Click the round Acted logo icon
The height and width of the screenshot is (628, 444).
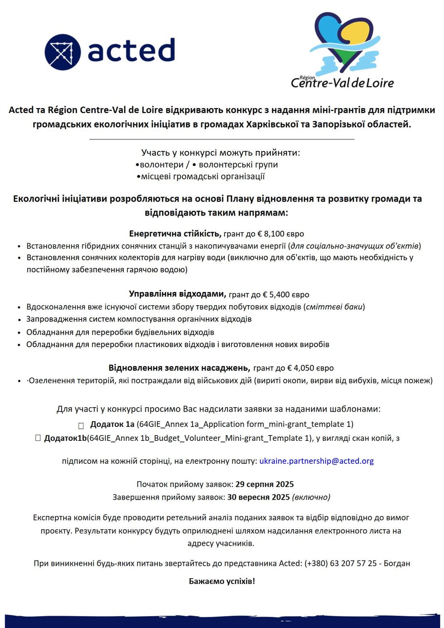click(62, 52)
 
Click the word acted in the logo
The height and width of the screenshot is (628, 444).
click(131, 51)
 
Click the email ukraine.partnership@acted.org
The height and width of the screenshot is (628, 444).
click(316, 461)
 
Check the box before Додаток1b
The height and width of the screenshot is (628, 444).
click(38, 438)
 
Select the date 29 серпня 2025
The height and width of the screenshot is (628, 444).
click(264, 484)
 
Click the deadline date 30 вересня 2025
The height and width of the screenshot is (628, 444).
click(258, 497)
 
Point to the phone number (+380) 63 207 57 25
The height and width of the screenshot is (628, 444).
click(340, 563)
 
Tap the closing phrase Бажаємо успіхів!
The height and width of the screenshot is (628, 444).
click(222, 581)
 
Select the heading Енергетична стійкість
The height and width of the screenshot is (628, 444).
click(175, 234)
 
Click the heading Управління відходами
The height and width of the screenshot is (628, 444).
click(177, 294)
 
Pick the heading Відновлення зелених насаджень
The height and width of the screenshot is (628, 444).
click(179, 368)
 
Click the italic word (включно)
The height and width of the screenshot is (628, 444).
click(311, 497)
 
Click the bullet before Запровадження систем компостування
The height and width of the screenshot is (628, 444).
click(19, 320)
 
